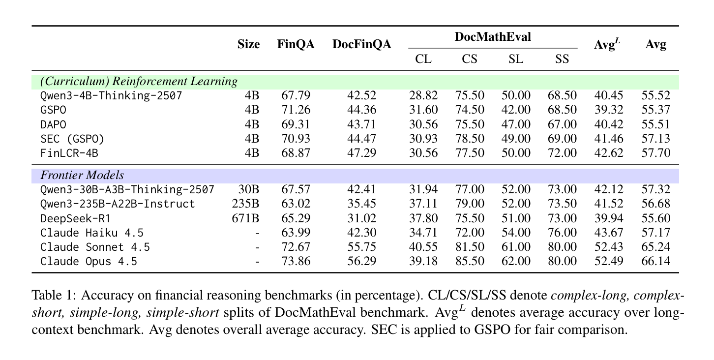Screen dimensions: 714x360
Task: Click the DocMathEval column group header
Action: pos(492,37)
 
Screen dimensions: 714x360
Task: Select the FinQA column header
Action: pos(296,44)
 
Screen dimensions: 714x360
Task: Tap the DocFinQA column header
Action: pos(362,44)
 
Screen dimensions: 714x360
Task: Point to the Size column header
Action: pos(249,44)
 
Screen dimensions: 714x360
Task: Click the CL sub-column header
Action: pos(423,59)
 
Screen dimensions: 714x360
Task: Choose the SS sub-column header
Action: pos(562,59)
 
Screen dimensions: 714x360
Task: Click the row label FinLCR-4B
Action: pos(69,153)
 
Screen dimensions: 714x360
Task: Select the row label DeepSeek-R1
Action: pos(76,218)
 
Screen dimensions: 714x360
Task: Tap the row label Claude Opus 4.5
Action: pos(89,262)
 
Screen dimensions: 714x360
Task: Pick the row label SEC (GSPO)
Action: pos(72,139)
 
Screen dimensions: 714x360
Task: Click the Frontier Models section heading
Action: pos(82,175)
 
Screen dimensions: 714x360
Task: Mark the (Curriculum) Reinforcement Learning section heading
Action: pos(139,81)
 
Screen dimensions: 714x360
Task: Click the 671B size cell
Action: pos(245,218)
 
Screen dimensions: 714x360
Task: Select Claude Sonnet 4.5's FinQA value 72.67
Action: pos(296,247)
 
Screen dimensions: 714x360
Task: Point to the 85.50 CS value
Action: pos(470,261)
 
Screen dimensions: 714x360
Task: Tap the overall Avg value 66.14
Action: pos(655,261)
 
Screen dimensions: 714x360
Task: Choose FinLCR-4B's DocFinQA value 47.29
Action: pos(362,153)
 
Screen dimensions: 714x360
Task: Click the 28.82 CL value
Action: pos(423,95)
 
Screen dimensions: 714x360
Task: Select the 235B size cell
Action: pos(245,204)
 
